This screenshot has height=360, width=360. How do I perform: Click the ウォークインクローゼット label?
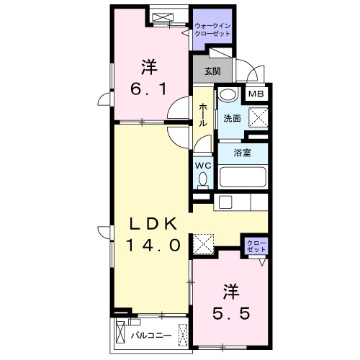click(213, 30)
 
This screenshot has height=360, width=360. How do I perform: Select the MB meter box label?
click(256, 93)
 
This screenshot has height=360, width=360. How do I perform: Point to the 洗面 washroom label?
click(231, 118)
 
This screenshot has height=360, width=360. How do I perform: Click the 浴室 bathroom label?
click(242, 153)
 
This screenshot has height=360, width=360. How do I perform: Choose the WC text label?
click(202, 163)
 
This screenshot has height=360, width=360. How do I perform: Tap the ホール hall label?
click(204, 114)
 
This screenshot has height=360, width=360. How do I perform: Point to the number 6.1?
click(149, 89)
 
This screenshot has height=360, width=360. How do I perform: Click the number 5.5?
click(230, 314)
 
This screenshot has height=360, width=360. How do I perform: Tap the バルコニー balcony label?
click(151, 336)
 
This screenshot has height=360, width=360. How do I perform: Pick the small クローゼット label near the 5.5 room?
click(256, 245)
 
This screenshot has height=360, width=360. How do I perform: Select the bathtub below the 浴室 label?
click(243, 176)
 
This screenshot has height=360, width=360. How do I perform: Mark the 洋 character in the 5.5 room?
click(230, 292)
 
